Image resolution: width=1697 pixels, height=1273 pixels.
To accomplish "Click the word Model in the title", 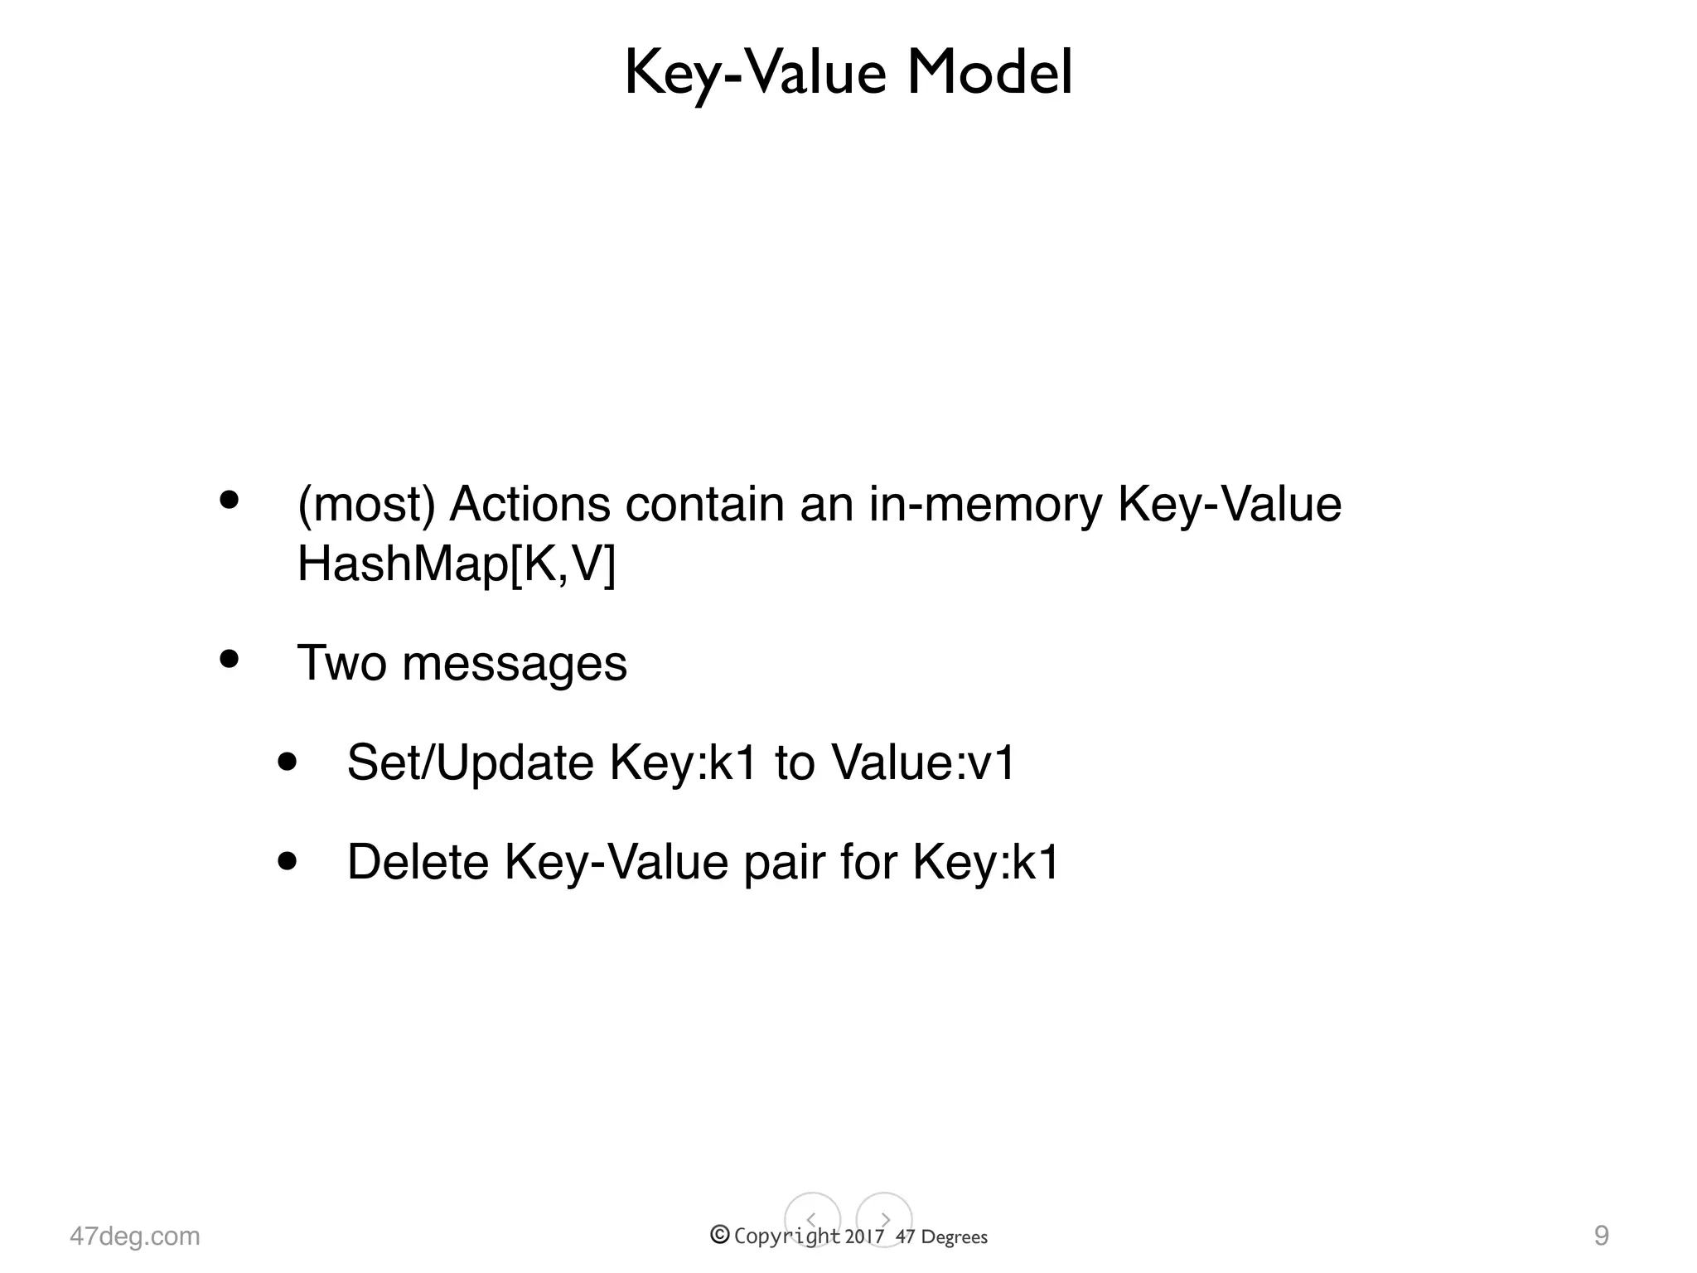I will (989, 73).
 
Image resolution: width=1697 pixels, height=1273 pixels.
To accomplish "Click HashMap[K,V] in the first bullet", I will (457, 564).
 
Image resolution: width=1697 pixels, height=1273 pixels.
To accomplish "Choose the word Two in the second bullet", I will (341, 663).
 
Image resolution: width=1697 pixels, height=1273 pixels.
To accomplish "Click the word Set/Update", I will (471, 762).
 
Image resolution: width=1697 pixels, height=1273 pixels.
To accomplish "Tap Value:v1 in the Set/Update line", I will (923, 762).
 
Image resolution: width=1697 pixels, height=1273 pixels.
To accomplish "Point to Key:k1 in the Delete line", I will (986, 862).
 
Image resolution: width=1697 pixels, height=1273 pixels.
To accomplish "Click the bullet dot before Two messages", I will (229, 660).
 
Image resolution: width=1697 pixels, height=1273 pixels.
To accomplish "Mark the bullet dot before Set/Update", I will (288, 762).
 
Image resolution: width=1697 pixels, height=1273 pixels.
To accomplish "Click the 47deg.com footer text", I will (135, 1236).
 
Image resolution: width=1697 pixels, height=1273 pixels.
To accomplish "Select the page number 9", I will (1602, 1236).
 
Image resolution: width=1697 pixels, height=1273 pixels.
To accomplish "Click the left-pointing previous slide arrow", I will (812, 1219).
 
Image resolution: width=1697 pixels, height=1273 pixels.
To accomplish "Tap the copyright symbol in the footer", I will (720, 1235).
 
